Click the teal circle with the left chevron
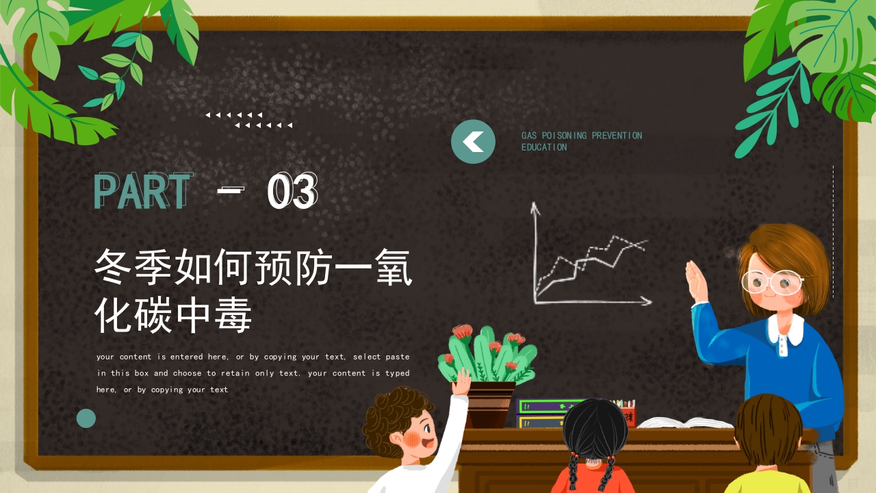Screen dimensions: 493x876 (473, 142)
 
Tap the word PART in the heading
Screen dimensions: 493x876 (142, 191)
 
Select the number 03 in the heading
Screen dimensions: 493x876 (292, 191)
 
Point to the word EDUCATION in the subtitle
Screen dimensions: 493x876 (544, 147)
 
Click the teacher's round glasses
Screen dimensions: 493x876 (772, 281)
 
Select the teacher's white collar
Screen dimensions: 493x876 (786, 330)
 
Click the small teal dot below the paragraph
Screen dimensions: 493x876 (86, 418)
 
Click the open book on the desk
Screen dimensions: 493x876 (676, 422)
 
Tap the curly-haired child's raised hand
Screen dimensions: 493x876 (463, 381)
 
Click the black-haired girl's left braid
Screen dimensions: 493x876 (573, 472)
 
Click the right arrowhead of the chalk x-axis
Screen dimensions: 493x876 (646, 301)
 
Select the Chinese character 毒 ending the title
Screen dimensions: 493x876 (233, 316)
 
